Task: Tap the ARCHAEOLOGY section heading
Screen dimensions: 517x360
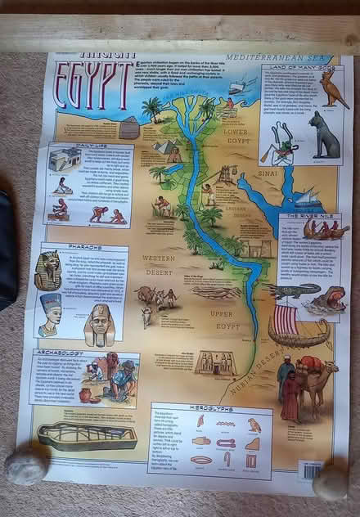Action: point(61,353)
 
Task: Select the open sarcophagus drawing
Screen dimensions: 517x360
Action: point(87,435)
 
